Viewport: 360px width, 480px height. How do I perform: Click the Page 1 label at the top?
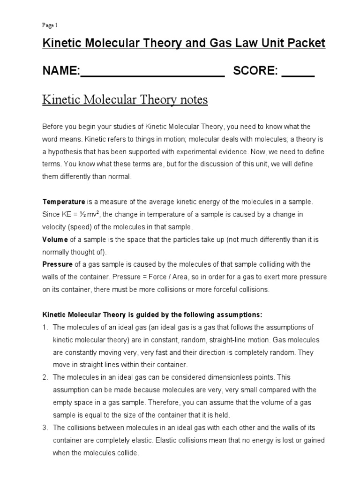click(x=50, y=25)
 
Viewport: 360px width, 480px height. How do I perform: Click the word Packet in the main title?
click(x=306, y=44)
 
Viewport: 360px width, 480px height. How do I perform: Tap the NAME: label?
click(x=61, y=71)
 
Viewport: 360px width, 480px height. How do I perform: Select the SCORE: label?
click(x=256, y=71)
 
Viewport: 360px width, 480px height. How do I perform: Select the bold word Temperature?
click(x=64, y=202)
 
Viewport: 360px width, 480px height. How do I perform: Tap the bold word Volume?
click(x=55, y=240)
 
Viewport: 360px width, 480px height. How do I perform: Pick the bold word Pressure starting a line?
click(x=57, y=264)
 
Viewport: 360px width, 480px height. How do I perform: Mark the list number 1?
click(x=45, y=327)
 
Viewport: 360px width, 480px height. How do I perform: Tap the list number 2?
click(x=45, y=377)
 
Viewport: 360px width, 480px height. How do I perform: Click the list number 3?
click(x=45, y=428)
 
